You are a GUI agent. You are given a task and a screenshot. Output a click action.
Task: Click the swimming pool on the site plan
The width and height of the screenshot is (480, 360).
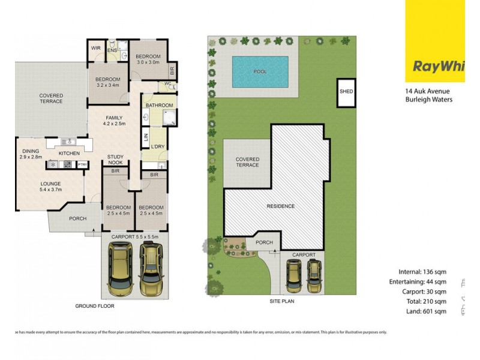260,72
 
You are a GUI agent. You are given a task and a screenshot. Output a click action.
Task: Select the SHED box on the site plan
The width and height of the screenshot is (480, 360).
346,92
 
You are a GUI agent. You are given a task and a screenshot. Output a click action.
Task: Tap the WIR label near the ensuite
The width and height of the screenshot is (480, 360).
95,47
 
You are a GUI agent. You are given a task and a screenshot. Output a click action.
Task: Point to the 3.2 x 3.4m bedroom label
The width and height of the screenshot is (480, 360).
109,82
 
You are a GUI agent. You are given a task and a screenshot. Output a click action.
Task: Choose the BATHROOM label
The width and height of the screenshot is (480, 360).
158,105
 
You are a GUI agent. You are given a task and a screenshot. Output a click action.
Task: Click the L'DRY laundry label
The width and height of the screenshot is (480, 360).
158,147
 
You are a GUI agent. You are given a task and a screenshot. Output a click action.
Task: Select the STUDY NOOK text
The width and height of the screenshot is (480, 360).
115,160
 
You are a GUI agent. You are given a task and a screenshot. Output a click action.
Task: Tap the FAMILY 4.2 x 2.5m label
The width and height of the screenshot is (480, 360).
114,121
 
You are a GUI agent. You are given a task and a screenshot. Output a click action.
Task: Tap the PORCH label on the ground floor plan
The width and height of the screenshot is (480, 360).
77,219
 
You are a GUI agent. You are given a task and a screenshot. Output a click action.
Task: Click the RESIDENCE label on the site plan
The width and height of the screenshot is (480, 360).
280,206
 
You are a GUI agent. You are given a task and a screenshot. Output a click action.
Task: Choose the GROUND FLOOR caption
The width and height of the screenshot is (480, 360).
94,306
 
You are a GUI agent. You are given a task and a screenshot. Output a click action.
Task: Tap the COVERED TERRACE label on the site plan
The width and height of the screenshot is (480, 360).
247,161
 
